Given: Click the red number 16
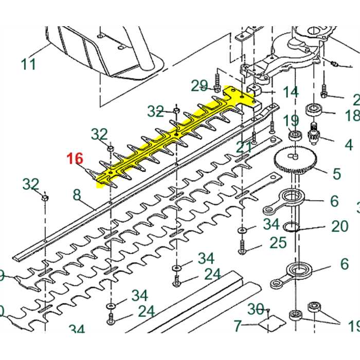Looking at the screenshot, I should click(75, 158).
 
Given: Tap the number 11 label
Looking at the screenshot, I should click(29, 64).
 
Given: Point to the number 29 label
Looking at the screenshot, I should click(200, 85).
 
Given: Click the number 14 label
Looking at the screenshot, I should click(291, 93).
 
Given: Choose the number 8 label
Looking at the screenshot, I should click(77, 195).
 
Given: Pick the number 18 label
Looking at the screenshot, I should click(352, 115).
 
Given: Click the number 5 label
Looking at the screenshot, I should click(337, 173).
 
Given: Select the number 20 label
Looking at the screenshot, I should click(340, 226).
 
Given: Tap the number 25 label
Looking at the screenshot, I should click(278, 242).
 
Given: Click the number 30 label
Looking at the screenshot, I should click(256, 309).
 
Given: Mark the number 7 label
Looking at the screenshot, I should click(238, 326).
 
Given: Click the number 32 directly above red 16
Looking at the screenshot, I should click(99, 135).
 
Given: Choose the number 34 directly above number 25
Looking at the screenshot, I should click(271, 224).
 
